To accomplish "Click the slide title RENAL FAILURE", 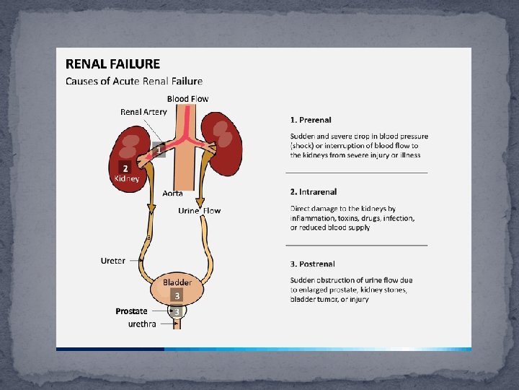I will (x=113, y=64).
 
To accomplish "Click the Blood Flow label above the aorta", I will (x=188, y=99).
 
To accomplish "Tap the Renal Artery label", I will (x=143, y=111).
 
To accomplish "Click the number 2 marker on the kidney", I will (x=124, y=168).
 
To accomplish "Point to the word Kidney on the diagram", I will (x=127, y=178).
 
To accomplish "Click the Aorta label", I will (x=173, y=193).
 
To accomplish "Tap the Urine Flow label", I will (x=200, y=211).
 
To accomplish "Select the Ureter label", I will (x=113, y=260).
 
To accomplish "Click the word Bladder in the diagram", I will (x=177, y=282).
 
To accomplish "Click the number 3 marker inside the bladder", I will (x=177, y=295).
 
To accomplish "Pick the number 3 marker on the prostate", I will (x=177, y=311).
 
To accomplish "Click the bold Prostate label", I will (x=131, y=311).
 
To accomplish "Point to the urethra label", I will (x=141, y=324).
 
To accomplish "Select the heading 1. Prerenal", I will (x=311, y=119).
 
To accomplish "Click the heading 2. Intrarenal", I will (x=314, y=192).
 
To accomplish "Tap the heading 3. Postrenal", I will (x=313, y=264).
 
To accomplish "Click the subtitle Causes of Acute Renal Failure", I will (x=134, y=81).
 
